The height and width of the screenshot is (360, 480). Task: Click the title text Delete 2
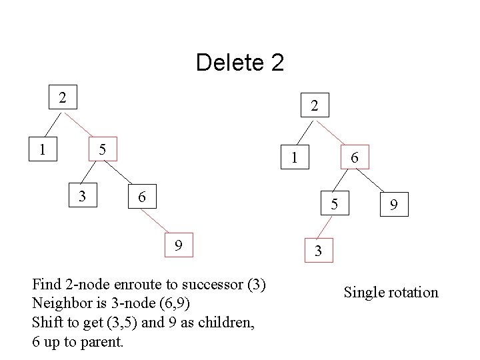pos(240,63)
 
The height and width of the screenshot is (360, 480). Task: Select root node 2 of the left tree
pos(62,97)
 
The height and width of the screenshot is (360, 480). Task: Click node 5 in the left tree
pos(103,149)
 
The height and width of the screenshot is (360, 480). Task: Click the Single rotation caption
pos(391,292)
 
